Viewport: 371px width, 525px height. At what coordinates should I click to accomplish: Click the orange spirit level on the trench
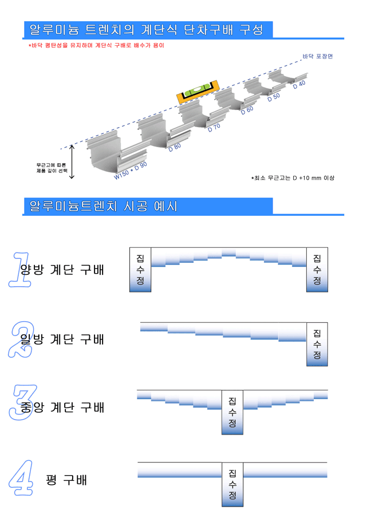198,91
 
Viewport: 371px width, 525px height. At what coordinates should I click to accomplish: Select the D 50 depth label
274,97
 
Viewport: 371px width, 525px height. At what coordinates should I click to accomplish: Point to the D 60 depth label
247,110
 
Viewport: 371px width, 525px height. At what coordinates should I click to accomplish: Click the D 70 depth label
214,128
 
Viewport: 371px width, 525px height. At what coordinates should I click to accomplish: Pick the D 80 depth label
175,147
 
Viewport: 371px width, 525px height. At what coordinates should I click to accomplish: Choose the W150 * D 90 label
131,171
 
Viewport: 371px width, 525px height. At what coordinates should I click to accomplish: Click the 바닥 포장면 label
317,56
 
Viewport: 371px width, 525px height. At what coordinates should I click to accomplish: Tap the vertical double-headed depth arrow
72,161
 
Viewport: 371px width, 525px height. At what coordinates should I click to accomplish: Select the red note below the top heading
96,45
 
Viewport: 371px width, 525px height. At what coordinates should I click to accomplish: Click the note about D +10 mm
293,178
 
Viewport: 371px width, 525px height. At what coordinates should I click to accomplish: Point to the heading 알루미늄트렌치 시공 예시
103,206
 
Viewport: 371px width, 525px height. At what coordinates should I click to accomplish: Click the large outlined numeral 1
19,270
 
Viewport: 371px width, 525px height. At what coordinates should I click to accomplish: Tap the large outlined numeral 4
21,478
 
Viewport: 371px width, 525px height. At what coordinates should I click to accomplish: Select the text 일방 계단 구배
62,339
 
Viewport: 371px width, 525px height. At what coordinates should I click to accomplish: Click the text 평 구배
66,480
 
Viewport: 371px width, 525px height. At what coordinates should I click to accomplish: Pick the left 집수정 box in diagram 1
140,270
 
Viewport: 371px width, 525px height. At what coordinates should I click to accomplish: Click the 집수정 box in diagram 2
317,344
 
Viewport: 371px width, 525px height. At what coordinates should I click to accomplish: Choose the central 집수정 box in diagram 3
232,412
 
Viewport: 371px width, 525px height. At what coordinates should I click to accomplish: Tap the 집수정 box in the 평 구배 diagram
232,484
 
